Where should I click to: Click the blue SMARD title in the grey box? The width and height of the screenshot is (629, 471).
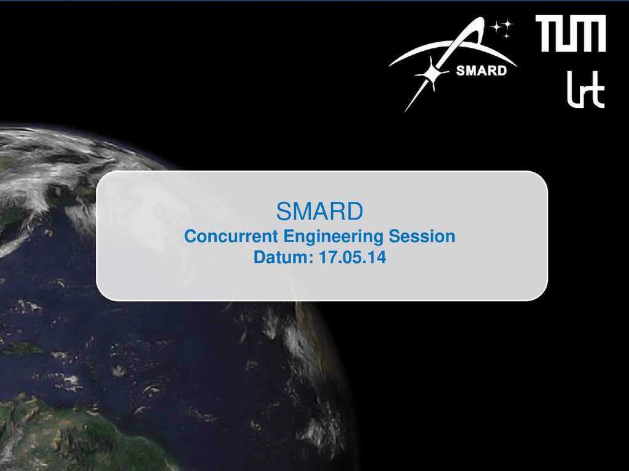click(319, 211)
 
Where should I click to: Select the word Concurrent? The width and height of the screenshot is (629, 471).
click(231, 236)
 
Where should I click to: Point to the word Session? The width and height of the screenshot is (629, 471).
click(422, 236)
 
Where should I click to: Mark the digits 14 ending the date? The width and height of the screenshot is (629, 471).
click(378, 257)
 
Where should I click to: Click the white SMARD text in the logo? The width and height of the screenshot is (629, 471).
click(482, 71)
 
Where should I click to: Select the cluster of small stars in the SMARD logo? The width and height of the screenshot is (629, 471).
click(502, 27)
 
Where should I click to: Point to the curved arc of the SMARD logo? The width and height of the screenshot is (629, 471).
click(453, 47)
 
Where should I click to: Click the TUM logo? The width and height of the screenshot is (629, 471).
click(571, 33)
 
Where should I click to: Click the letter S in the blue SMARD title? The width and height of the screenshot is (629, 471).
click(284, 211)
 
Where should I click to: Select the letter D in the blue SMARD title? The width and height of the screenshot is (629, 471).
click(355, 211)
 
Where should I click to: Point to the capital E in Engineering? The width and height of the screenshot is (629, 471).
click(289, 236)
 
